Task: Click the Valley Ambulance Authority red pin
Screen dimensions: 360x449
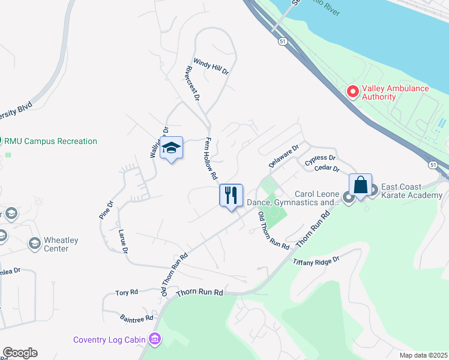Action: [x=353, y=92]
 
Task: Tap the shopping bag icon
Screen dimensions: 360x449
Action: [x=360, y=185]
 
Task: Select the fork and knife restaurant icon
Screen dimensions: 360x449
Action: [x=231, y=196]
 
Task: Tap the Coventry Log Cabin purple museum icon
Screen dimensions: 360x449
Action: [x=155, y=340]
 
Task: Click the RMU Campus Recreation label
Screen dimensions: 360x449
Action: [x=51, y=142]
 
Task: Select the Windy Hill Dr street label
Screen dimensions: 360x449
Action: [x=211, y=67]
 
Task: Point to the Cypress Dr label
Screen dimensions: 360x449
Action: [x=319, y=160]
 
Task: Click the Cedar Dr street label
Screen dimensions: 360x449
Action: [x=327, y=169]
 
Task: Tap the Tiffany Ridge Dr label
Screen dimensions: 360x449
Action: [x=316, y=262]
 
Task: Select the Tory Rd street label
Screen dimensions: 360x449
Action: [x=127, y=292]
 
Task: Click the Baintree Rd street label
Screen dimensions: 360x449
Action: [x=136, y=317]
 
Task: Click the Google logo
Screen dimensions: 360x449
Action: [x=20, y=353]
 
